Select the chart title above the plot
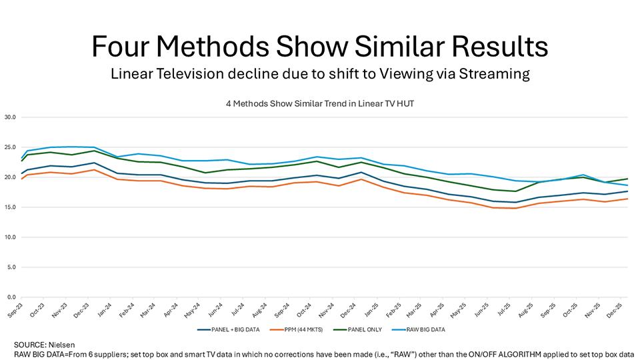pyautogui.click(x=319, y=103)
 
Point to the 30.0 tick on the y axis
pyautogui.click(x=11, y=117)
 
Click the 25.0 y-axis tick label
pyautogui.click(x=11, y=147)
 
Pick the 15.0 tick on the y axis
pyautogui.click(x=11, y=207)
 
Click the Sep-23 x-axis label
pyautogui.click(x=15, y=309)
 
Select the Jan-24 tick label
pyautogui.click(x=106, y=309)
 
